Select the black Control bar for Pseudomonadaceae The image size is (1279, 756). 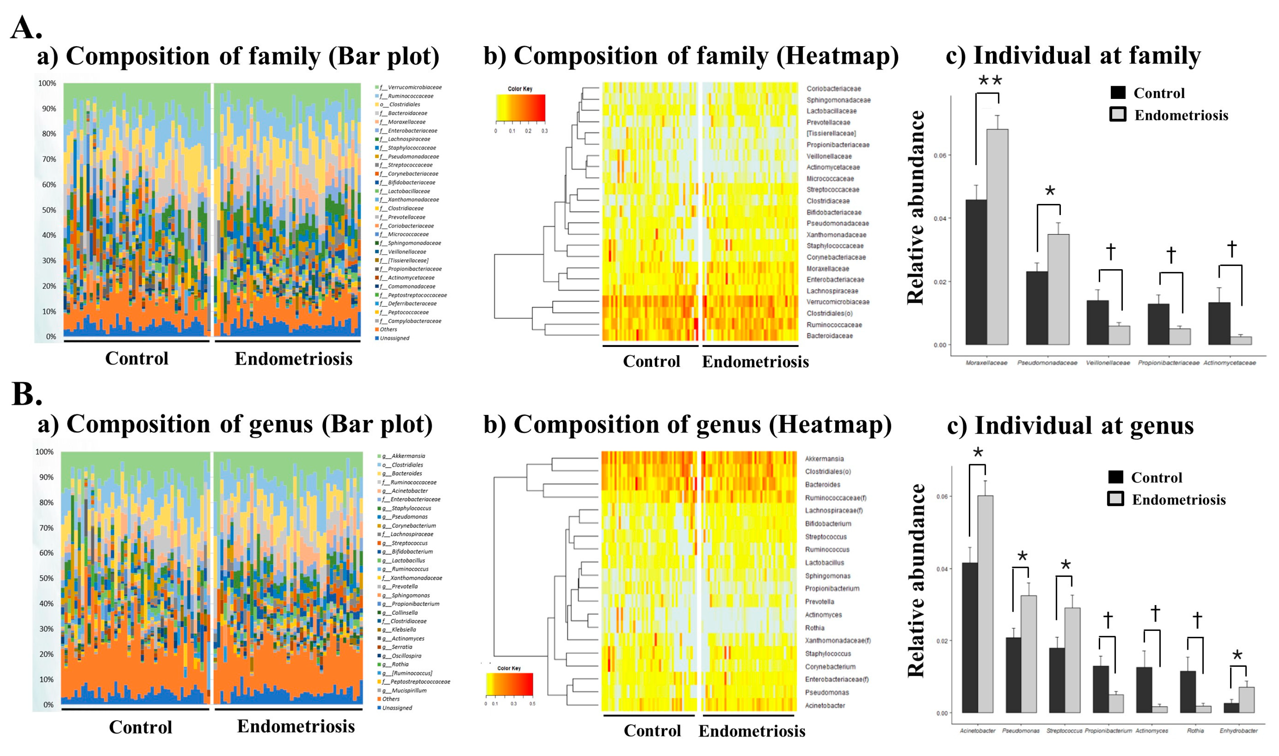point(1037,308)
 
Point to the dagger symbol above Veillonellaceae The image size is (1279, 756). point(1110,252)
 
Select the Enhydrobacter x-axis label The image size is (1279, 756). point(1238,731)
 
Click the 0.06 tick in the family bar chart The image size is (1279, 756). point(940,155)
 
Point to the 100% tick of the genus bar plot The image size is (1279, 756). point(44,452)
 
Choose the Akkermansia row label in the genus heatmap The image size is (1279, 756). point(824,459)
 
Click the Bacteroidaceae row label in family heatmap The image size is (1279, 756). point(829,336)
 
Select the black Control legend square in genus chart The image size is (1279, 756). point(1115,477)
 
